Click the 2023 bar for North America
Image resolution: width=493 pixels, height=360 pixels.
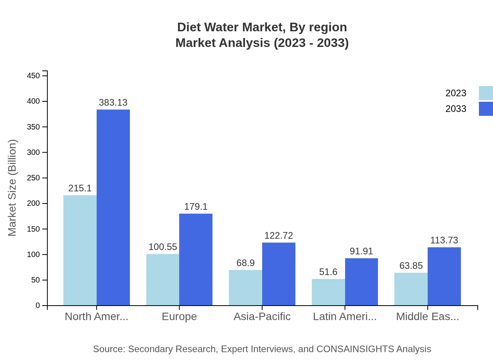(80, 250)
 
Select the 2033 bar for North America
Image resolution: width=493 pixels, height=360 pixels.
(113, 207)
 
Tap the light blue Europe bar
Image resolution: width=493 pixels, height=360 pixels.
(163, 280)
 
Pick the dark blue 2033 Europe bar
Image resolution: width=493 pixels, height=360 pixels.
(196, 259)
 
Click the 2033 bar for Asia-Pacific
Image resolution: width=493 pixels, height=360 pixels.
(279, 274)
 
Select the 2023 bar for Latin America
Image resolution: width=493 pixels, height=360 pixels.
(328, 292)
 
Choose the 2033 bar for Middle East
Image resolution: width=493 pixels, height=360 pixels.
(444, 276)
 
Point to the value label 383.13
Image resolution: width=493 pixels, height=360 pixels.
(113, 103)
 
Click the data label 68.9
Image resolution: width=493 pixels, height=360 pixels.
(245, 263)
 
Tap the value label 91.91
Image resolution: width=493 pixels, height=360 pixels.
(361, 251)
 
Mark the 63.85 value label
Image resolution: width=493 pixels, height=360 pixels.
(411, 266)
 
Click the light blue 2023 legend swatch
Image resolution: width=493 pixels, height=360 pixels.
(486, 93)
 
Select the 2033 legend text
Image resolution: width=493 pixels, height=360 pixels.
(456, 109)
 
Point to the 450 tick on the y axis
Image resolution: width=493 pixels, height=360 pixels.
(34, 76)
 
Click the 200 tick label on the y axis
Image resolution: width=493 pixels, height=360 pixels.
(34, 203)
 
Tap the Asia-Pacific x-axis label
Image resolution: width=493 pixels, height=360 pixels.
(262, 317)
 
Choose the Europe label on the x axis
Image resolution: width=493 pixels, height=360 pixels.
(179, 317)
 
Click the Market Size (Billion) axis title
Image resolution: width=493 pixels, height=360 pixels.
(13, 188)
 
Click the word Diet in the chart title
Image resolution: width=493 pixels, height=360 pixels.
(189, 27)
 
